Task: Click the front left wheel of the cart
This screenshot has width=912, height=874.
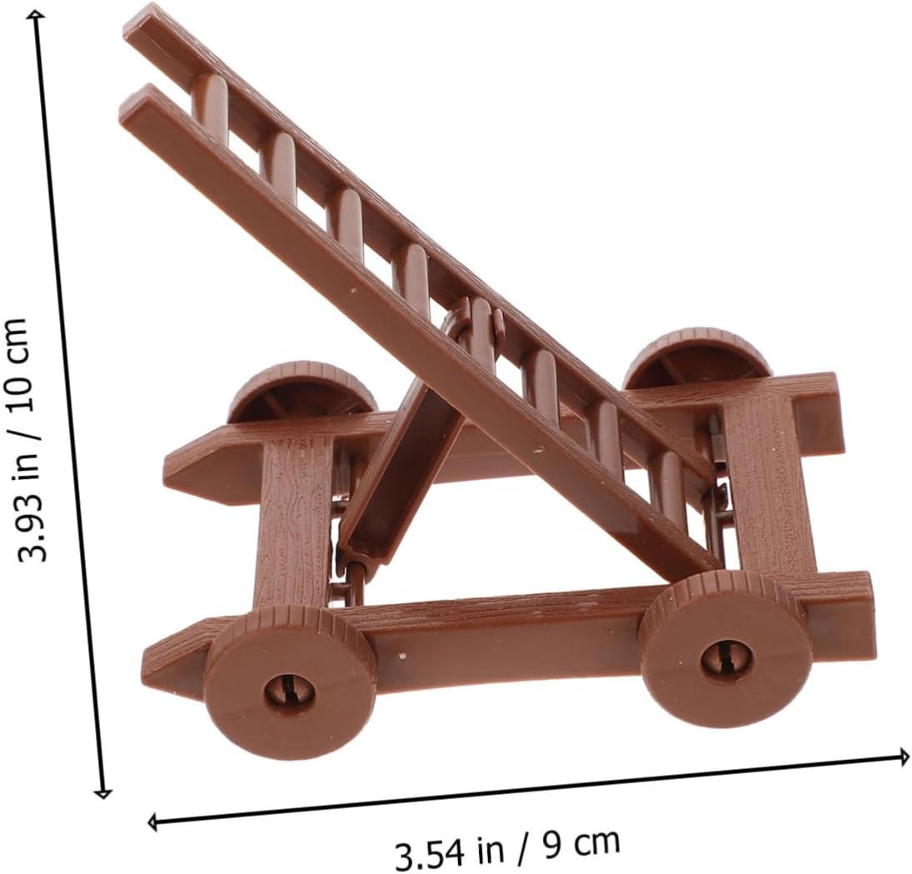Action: click(x=290, y=682)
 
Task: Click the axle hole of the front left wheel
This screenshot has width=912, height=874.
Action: click(x=290, y=692)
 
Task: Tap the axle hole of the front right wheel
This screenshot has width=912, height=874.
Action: click(x=726, y=658)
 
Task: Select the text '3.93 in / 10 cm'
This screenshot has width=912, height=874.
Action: click(x=24, y=439)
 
